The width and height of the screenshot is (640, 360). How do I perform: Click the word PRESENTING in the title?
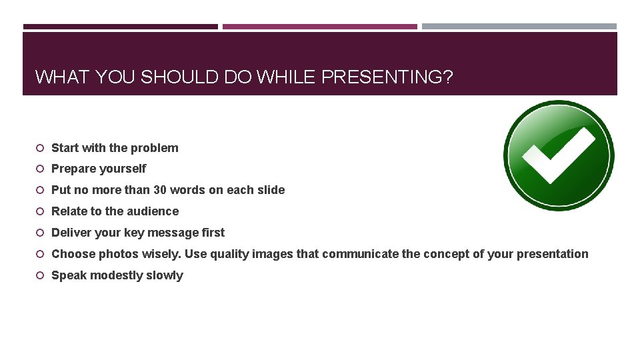(x=387, y=77)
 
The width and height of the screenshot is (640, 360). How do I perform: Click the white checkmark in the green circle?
(x=559, y=156)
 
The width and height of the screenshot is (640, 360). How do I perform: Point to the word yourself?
(x=124, y=169)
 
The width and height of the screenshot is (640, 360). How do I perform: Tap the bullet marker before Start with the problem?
(x=40, y=148)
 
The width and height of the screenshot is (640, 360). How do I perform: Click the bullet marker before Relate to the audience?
(x=40, y=211)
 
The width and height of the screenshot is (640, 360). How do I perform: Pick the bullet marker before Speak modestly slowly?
(x=40, y=275)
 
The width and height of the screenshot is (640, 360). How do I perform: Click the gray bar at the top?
(x=519, y=27)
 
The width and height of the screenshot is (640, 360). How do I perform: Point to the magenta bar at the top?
(x=320, y=27)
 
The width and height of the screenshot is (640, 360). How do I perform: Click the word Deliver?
(x=71, y=233)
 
